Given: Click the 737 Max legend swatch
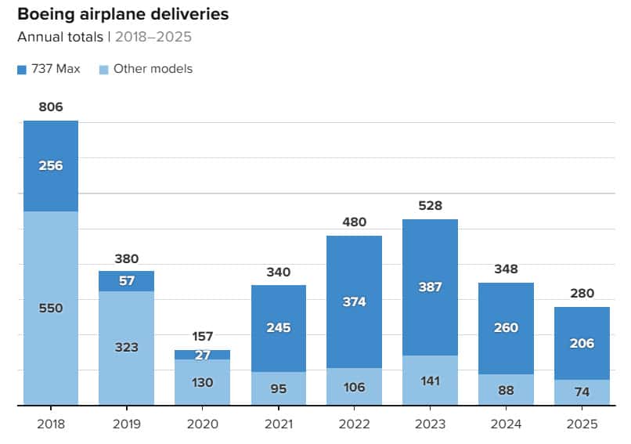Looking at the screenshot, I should [22, 69].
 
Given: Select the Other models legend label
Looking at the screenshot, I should [153, 69].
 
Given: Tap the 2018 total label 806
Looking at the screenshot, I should [50, 107].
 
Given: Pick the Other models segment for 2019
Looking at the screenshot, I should [126, 348].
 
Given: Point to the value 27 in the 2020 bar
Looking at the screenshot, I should [202, 354].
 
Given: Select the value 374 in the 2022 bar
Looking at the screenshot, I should [354, 301].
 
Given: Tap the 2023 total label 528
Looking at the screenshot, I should [430, 206].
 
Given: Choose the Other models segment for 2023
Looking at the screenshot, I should [430, 381].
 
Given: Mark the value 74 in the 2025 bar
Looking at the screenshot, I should [582, 392].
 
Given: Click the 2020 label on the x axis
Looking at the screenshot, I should [202, 424].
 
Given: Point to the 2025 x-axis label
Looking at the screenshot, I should [582, 424].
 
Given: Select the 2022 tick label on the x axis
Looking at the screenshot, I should [354, 424].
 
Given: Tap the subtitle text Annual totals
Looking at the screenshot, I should [59, 37].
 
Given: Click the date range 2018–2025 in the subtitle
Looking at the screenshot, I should [153, 37].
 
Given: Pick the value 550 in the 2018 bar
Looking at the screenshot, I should [50, 308].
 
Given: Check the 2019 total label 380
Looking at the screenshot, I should [126, 258].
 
